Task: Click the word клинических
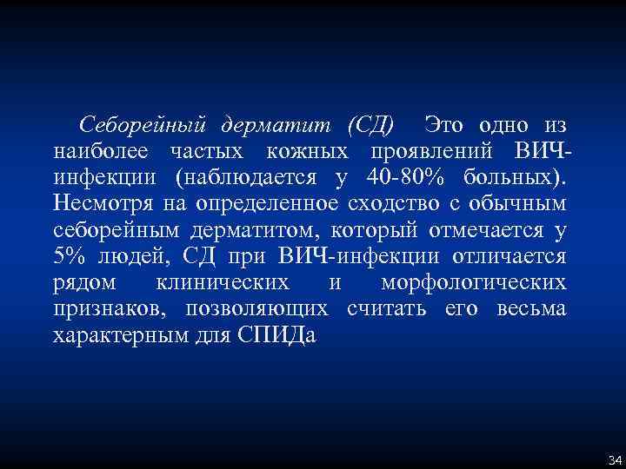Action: pyautogui.click(x=222, y=284)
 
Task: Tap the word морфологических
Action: pyautogui.click(x=473, y=284)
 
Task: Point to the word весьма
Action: pyautogui.click(x=532, y=310)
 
